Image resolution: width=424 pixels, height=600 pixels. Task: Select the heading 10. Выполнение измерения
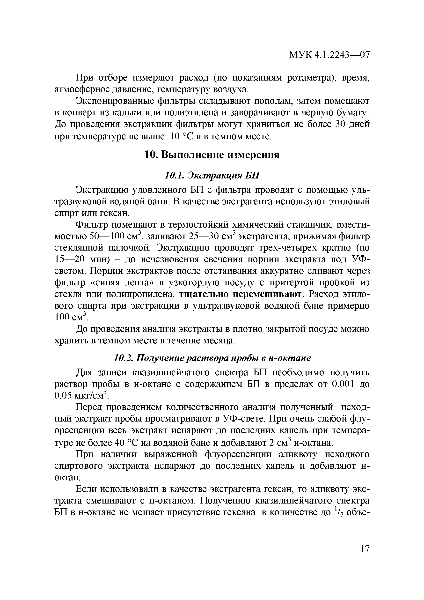click(x=212, y=155)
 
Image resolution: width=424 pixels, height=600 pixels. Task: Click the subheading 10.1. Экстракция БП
click(x=212, y=175)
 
